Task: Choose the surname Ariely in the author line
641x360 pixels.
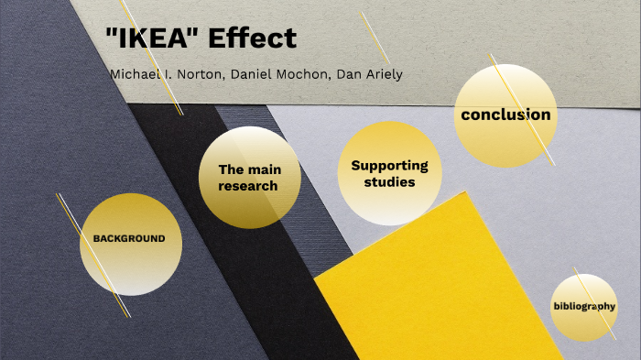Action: tap(377, 74)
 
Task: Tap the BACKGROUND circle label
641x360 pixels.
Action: tap(129, 238)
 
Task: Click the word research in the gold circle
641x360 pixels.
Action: tap(248, 186)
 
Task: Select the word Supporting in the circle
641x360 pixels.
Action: tap(389, 166)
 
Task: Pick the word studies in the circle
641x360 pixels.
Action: tap(389, 182)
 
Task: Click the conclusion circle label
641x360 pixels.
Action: tap(505, 115)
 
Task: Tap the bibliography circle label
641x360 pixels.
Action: tap(583, 306)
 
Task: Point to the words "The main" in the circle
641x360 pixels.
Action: tap(249, 169)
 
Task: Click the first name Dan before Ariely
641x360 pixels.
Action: tap(340, 74)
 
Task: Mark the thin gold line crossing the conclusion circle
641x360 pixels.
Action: tap(540, 137)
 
